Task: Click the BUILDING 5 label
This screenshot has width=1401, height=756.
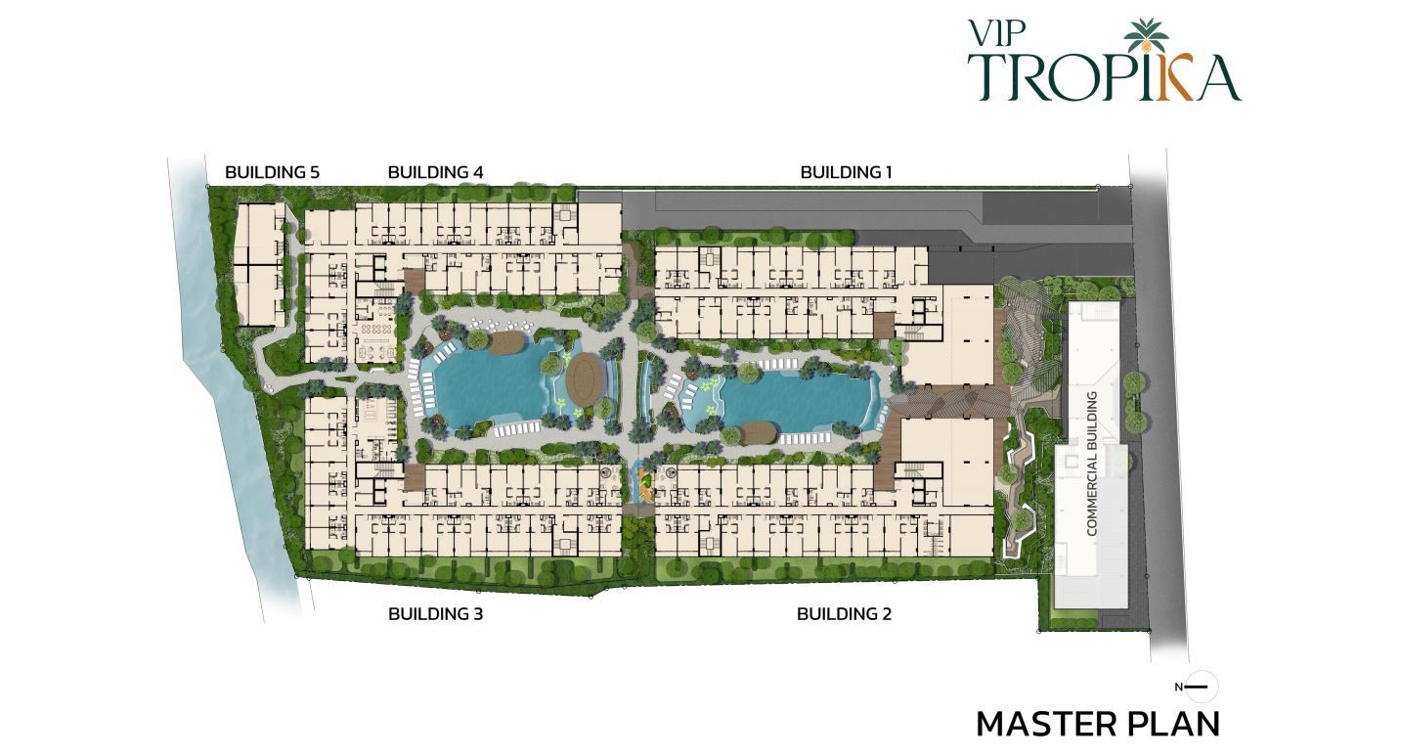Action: (x=272, y=172)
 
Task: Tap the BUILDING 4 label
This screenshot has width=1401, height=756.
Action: (x=435, y=172)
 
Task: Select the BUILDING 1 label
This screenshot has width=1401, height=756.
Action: (x=846, y=172)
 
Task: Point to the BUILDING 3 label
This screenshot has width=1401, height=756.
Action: (x=435, y=614)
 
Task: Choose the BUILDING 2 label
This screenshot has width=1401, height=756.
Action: (x=844, y=614)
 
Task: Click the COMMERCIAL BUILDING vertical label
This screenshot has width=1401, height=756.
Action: (x=1092, y=464)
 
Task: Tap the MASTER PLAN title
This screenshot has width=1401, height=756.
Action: (x=1098, y=724)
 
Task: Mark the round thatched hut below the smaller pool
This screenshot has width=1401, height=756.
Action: (x=758, y=432)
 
